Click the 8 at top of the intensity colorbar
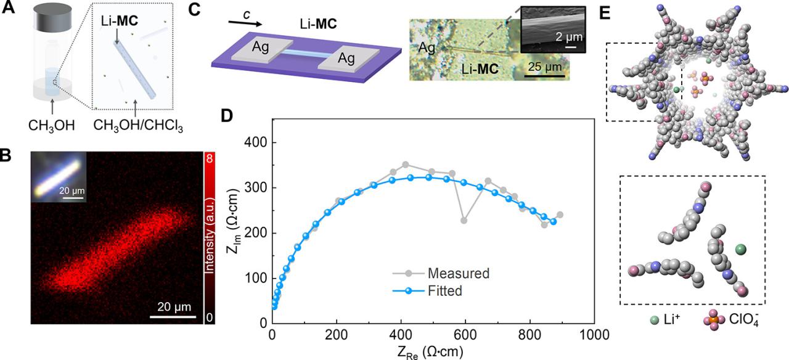click(210, 158)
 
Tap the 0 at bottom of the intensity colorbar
click(210, 317)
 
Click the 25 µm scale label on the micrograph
click(544, 66)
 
